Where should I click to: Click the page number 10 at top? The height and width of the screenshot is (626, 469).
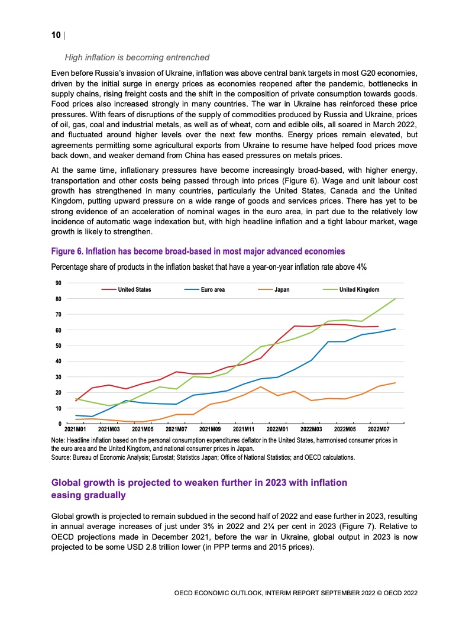point(56,35)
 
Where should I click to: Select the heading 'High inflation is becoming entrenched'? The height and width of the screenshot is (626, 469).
point(137,57)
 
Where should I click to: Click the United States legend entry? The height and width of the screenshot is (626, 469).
point(134,289)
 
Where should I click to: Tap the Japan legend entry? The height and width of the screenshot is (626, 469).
point(282,289)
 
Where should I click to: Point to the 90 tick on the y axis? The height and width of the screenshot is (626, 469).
point(58,283)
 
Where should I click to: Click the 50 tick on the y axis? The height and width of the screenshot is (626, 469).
point(58,346)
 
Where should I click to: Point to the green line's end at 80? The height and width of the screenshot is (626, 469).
point(395,299)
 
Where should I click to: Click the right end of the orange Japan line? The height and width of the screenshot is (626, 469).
point(395,383)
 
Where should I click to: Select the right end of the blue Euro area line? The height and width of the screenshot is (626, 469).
point(395,329)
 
